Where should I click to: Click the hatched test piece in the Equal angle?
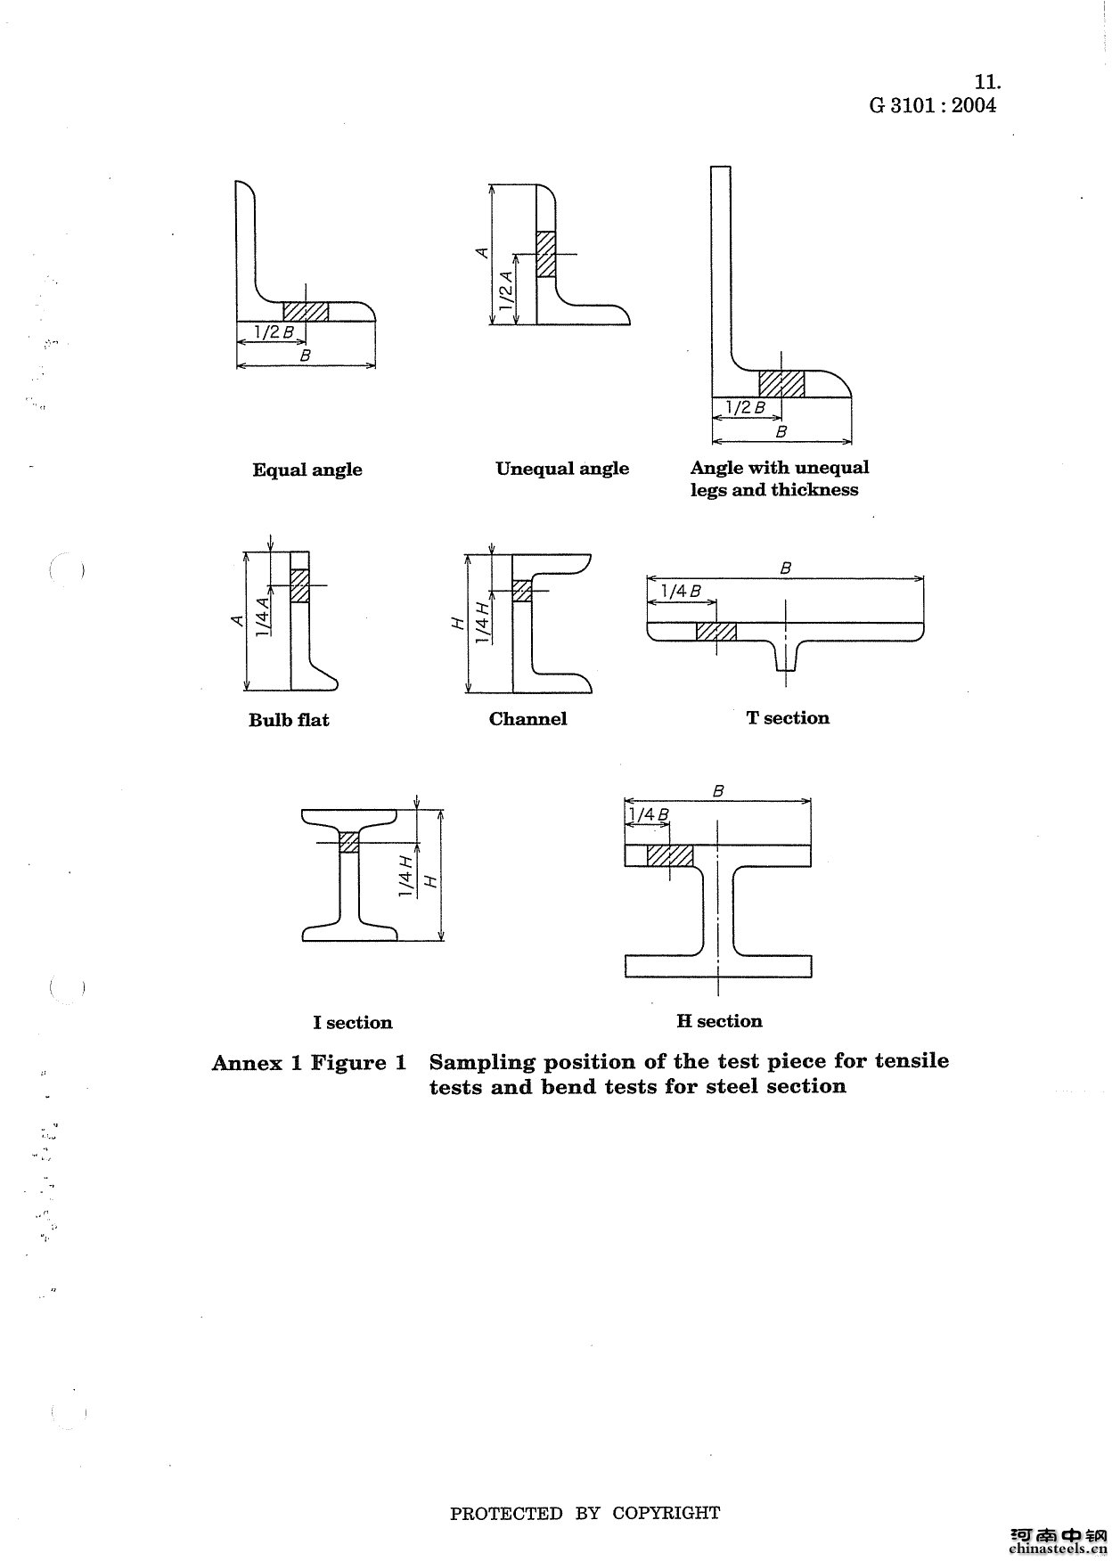tap(306, 311)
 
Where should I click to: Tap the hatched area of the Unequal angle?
tap(545, 254)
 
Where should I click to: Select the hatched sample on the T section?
tap(716, 631)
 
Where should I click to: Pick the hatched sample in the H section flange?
tap(669, 855)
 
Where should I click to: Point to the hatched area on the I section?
tap(349, 842)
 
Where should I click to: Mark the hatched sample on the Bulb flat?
tap(299, 585)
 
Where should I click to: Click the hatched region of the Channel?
tap(522, 591)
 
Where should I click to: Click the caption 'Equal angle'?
tap(307, 470)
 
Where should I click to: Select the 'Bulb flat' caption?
tap(289, 720)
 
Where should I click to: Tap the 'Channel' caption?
tap(527, 719)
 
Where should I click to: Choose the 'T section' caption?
tap(788, 718)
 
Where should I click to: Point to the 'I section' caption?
tap(353, 1022)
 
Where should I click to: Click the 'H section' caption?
tap(719, 1021)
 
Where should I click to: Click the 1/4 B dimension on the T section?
tap(681, 591)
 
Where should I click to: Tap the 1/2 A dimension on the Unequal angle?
tap(507, 290)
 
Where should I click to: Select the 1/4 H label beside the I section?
tap(405, 877)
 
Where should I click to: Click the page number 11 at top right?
tap(987, 82)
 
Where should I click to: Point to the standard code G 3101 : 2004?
tap(933, 105)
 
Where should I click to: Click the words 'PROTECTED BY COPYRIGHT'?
tap(585, 1513)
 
